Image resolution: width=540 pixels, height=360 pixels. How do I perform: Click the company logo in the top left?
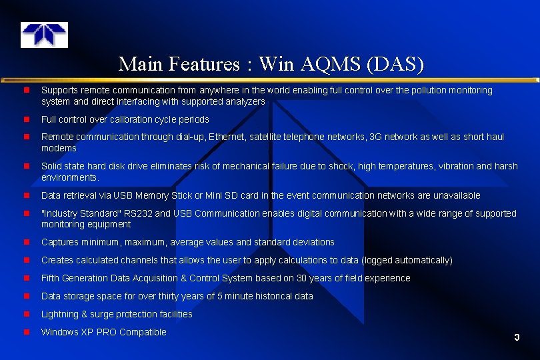tap(44, 35)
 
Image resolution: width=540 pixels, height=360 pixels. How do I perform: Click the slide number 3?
tap(517, 338)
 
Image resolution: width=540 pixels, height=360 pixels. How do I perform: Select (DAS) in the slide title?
tap(395, 64)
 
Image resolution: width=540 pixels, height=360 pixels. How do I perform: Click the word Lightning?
tap(60, 314)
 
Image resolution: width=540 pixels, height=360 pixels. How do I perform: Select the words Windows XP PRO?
tap(79, 332)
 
